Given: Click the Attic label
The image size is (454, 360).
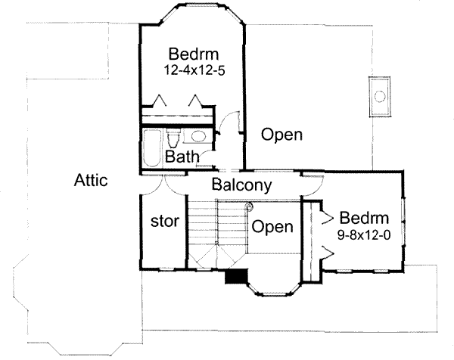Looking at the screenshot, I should (92, 182).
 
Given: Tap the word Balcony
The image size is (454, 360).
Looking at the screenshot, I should (242, 185).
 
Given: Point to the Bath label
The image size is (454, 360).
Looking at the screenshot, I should (182, 157).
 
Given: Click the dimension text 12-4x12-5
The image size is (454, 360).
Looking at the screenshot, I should (193, 69).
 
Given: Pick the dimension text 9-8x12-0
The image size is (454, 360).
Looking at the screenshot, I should (363, 234).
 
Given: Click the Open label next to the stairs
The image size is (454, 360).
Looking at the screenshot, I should (272, 226).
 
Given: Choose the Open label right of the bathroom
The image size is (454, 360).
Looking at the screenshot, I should (281, 135).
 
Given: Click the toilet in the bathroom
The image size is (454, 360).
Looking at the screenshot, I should (174, 139).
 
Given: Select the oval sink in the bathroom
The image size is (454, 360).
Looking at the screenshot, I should (199, 137).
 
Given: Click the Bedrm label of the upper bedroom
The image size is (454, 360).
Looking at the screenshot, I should (194, 54).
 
